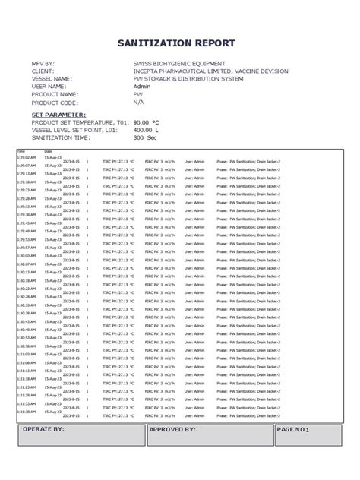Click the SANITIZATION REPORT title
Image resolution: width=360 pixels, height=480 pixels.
pyautogui.click(x=180, y=43)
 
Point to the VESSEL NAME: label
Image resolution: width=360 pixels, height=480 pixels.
pyautogui.click(x=52, y=78)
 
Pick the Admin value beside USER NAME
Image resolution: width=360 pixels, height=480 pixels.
pyautogui.click(x=142, y=86)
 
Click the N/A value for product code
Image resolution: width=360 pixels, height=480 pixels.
pyautogui.click(x=138, y=101)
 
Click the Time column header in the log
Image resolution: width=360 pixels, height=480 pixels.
pyautogui.click(x=21, y=151)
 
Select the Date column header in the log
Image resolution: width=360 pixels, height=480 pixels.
pyautogui.click(x=48, y=151)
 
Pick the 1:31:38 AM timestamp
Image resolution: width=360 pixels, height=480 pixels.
pyautogui.click(x=26, y=412)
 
